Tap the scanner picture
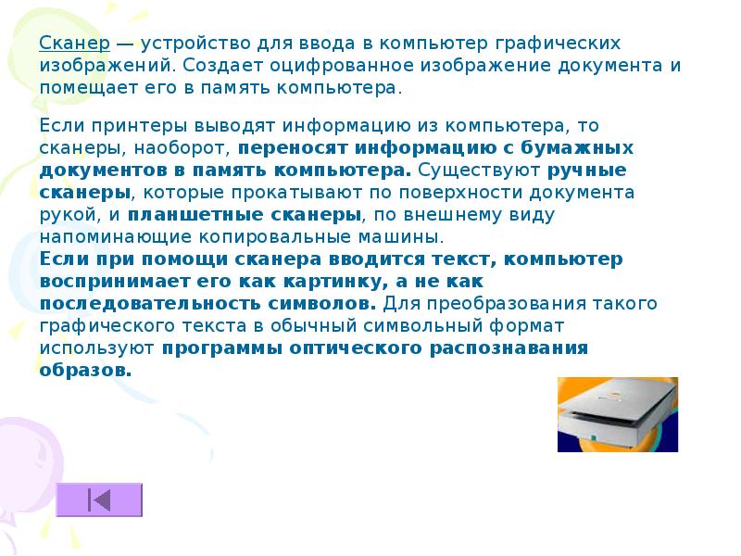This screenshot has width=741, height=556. (x=617, y=414)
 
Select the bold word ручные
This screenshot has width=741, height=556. (x=587, y=170)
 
